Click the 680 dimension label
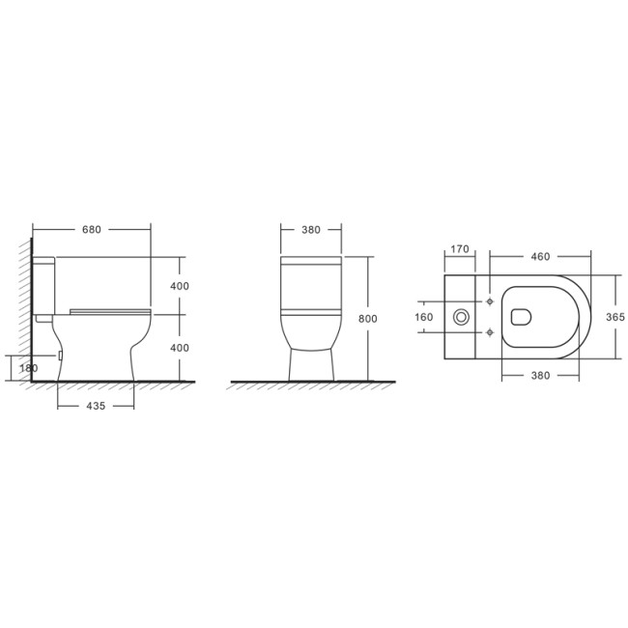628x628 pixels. click(x=92, y=230)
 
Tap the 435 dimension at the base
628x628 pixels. click(x=96, y=406)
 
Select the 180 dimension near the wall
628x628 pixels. click(x=28, y=368)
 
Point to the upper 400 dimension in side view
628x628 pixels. click(x=180, y=286)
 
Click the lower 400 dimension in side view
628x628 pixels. click(x=180, y=348)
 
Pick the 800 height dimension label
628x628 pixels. click(x=368, y=319)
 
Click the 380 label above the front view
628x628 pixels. click(x=311, y=230)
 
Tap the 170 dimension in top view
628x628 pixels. click(x=460, y=249)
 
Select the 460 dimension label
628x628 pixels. click(x=540, y=257)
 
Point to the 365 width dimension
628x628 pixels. click(x=615, y=317)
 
